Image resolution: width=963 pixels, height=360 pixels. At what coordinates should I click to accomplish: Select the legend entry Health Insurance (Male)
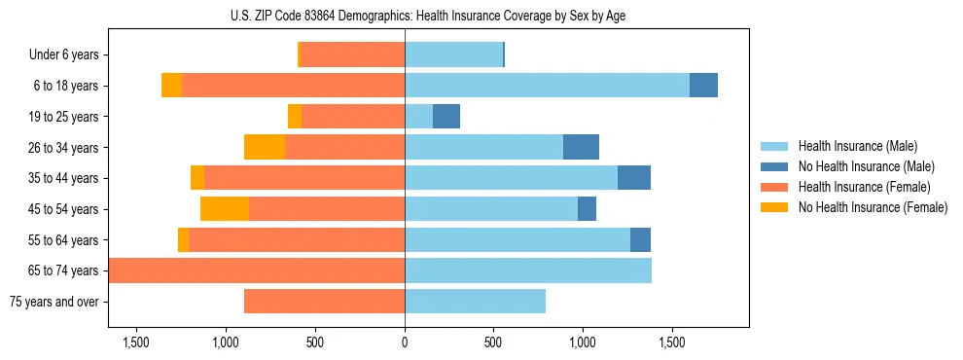click(857, 146)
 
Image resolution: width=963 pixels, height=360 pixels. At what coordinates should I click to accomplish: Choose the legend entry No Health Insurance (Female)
click(873, 207)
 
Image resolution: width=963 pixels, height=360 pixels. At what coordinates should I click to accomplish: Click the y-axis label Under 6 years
click(63, 55)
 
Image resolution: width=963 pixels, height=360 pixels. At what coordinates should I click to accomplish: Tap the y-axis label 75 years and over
click(53, 302)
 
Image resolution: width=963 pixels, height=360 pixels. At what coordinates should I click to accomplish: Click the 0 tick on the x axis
click(405, 342)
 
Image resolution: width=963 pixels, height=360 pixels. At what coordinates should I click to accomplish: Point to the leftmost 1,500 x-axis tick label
click(136, 342)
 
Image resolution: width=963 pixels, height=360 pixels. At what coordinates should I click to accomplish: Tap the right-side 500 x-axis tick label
click(494, 342)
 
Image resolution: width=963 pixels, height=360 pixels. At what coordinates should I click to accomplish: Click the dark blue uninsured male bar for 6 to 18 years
click(703, 86)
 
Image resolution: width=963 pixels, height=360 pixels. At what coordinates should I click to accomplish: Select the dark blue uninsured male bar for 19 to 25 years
click(446, 117)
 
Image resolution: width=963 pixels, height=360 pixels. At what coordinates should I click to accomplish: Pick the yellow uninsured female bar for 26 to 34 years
click(265, 147)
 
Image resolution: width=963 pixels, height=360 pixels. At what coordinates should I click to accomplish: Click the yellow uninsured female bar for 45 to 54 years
click(225, 209)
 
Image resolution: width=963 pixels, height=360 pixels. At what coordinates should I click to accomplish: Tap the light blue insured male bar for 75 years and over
click(475, 302)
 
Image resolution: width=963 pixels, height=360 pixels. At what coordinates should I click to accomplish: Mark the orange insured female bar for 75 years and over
click(324, 302)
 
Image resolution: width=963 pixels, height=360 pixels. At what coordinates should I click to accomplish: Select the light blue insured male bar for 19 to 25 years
click(418, 117)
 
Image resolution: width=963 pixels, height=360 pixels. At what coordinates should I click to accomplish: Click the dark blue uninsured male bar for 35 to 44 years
click(634, 178)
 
